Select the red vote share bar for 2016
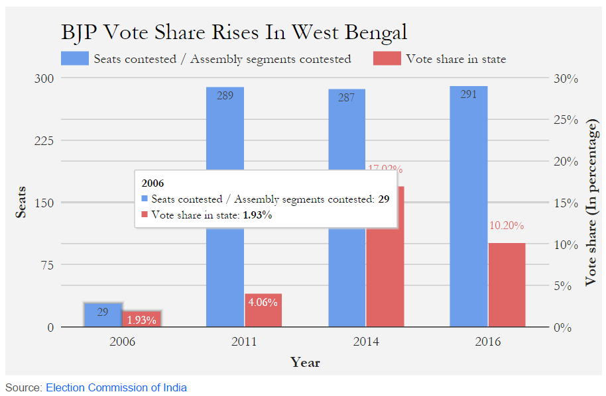click(x=507, y=285)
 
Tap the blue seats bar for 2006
click(x=103, y=315)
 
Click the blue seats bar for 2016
click(x=469, y=205)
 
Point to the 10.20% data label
click(x=507, y=226)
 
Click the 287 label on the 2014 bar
click(x=346, y=97)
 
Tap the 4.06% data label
click(x=263, y=301)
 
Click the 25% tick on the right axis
click(x=566, y=120)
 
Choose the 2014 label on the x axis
click(x=366, y=342)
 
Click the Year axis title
click(x=305, y=362)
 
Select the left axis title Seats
click(x=21, y=203)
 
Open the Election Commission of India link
click(x=116, y=387)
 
